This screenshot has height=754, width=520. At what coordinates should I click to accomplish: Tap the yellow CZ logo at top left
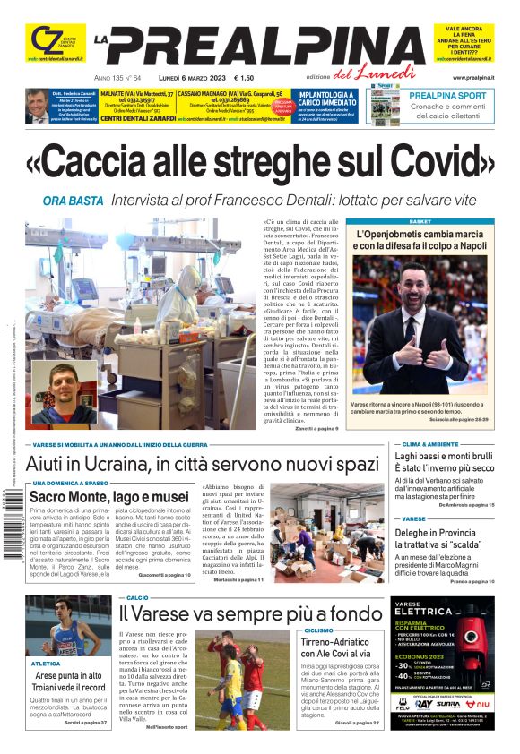point(47,40)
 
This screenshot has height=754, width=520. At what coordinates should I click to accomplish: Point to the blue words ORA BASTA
point(73,200)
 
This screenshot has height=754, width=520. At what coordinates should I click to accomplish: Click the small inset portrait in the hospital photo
point(64,391)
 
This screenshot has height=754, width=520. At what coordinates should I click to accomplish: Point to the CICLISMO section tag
point(318,630)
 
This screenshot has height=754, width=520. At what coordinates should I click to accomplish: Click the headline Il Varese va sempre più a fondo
point(251,613)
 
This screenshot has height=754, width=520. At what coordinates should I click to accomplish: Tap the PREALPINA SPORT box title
point(448,95)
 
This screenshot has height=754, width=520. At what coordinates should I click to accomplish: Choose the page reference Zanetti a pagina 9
point(316,429)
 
